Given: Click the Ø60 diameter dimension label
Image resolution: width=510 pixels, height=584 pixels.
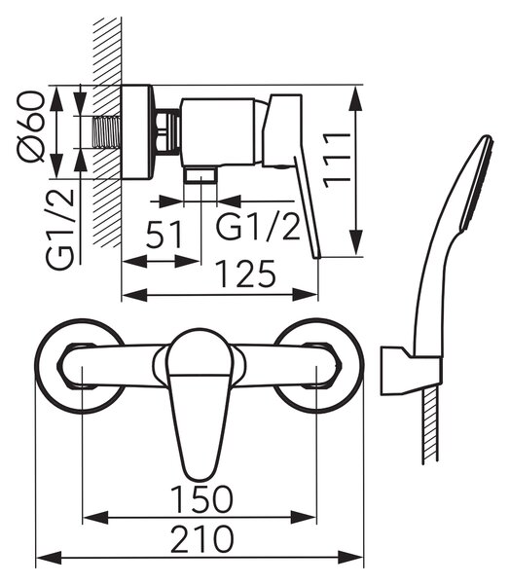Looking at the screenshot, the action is tap(30, 127).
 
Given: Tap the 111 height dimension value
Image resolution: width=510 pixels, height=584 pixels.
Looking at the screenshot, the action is tap(337, 161).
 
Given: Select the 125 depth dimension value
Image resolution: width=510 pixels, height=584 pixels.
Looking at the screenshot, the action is tap(246, 274).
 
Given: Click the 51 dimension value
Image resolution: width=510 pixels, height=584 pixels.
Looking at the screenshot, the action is tap(164, 235).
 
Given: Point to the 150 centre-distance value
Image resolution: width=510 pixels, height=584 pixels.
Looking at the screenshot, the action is tap(201, 498).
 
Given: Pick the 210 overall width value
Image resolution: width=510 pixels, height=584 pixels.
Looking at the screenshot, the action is tap(201, 539).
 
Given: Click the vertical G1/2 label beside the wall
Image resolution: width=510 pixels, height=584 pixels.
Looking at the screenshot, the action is tap(59, 229).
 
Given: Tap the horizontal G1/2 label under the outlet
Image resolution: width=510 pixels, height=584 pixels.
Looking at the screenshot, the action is tap(258, 227).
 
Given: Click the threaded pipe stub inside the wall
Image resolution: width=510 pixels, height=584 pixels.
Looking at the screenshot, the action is tap(107, 132).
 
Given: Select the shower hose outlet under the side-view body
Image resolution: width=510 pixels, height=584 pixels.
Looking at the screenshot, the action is tap(200, 174).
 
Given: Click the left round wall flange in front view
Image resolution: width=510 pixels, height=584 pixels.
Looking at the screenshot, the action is tap(81, 366).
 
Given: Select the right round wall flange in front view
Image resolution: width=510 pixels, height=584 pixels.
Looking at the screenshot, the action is tap(317, 366).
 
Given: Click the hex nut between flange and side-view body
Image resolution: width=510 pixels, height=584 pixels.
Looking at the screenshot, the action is tap(167, 131).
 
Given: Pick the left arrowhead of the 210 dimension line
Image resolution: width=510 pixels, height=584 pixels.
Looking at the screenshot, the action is tap(49, 558).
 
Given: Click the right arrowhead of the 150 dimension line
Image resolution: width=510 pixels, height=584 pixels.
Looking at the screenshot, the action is tap(304, 518).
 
